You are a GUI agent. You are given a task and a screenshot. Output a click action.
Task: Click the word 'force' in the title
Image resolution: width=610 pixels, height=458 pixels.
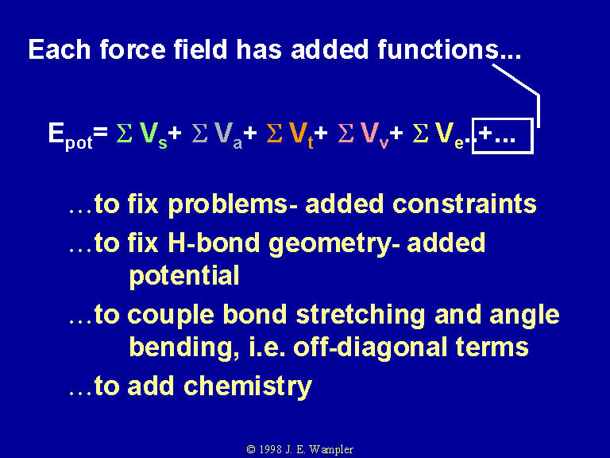tap(133, 49)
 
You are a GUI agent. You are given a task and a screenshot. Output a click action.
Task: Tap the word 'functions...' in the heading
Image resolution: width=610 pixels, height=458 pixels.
tap(449, 49)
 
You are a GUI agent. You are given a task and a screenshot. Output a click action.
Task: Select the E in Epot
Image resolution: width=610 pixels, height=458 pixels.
tap(56, 133)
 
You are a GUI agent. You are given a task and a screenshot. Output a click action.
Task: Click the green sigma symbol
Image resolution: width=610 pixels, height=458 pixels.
tap(124, 134)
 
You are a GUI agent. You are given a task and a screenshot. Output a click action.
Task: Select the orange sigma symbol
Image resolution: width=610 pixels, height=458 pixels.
tap(274, 134)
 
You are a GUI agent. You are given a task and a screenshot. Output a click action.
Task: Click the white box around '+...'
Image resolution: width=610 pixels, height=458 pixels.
tap(502, 119)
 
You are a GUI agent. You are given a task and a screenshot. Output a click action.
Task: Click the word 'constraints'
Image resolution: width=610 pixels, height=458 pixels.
tap(465, 204)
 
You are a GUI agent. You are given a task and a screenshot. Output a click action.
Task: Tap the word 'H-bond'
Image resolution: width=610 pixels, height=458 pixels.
tap(214, 243)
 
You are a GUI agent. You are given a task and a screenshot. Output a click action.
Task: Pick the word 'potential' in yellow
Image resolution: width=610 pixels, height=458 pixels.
tap(184, 276)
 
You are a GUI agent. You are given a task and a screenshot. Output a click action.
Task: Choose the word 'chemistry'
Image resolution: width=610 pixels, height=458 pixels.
tap(248, 386)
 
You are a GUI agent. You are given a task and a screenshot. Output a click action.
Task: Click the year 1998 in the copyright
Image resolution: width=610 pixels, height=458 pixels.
tap(270, 449)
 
